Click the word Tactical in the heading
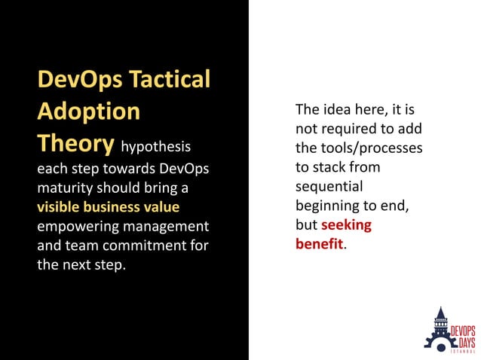click(170, 79)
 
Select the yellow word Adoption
click(89, 111)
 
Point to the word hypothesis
click(156, 145)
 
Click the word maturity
click(66, 186)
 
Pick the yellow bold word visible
click(60, 206)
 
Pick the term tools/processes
click(369, 148)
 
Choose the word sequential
click(329, 186)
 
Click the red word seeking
click(346, 224)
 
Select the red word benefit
click(319, 243)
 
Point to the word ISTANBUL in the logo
click(463, 350)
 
